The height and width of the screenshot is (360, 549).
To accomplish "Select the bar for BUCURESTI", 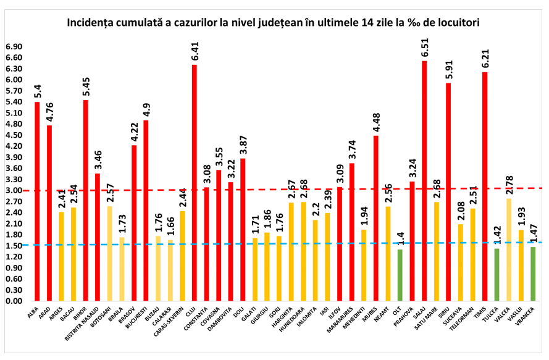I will pyautogui.click(x=146, y=211).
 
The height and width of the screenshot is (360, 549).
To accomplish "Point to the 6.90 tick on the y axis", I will pyautogui.click(x=14, y=46).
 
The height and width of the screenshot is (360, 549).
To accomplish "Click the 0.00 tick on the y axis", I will pyautogui.click(x=14, y=301).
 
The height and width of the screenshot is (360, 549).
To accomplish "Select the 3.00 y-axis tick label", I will pyautogui.click(x=14, y=190).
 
